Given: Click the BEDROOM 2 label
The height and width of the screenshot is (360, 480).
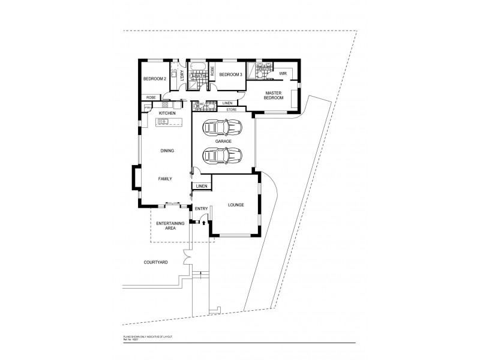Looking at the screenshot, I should [154, 79].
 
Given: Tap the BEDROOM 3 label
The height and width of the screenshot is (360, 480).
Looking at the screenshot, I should [230, 74].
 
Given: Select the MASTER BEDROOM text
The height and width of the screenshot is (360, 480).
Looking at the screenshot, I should [275, 95].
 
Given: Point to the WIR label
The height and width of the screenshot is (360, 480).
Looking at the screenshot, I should [283, 74].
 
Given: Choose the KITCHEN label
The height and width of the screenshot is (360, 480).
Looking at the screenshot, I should [166, 113].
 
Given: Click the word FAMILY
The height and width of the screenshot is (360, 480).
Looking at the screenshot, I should [166, 179].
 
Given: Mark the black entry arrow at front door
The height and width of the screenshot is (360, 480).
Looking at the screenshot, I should [204, 223].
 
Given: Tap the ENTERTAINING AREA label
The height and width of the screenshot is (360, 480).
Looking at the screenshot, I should [170, 226].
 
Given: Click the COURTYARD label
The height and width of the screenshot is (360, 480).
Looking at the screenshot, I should [155, 262].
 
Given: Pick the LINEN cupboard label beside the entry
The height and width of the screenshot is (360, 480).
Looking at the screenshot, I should [201, 186].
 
